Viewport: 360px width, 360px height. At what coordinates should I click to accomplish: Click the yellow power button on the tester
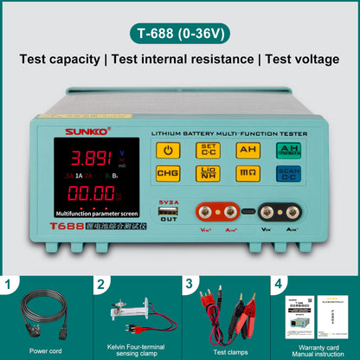[167, 150]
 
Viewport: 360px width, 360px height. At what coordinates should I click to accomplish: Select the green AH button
[287, 150]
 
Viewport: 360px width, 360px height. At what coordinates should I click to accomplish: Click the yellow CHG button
[167, 173]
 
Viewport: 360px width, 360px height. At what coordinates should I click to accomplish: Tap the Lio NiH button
[208, 173]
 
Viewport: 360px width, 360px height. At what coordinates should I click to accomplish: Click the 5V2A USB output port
[168, 210]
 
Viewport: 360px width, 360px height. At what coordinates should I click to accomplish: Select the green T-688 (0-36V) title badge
[180, 35]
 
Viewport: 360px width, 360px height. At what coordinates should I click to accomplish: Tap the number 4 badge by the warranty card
[278, 283]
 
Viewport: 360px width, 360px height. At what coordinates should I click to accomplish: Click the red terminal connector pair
[219, 211]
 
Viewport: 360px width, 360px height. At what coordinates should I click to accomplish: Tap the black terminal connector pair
[282, 211]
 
